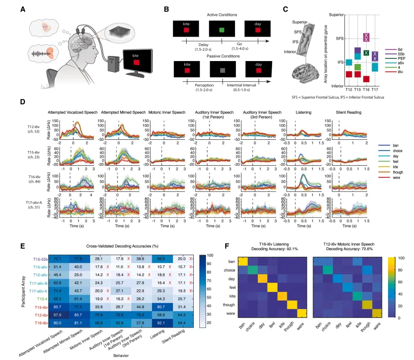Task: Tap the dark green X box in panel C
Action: (366, 53)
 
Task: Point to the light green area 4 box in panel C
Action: (357, 67)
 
